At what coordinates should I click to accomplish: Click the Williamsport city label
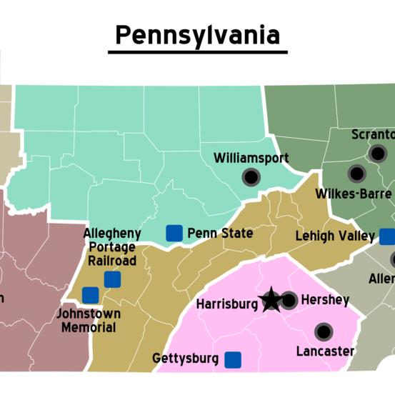(x=251, y=157)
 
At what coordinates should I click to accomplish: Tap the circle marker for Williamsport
(x=251, y=176)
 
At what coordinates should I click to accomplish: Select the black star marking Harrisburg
(x=271, y=301)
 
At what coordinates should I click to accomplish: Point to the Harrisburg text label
(x=226, y=304)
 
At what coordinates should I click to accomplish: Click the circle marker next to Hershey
(x=289, y=301)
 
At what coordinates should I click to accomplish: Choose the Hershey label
(x=325, y=300)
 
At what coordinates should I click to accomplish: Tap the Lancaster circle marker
(x=324, y=331)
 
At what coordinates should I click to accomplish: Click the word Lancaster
(x=325, y=351)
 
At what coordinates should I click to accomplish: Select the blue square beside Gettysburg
(x=233, y=359)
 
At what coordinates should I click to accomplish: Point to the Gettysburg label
(x=186, y=359)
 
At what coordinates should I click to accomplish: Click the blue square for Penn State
(x=174, y=233)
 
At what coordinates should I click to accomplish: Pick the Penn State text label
(x=220, y=234)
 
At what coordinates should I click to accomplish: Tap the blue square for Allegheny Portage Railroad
(x=112, y=279)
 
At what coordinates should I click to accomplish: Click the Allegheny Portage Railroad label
(x=112, y=246)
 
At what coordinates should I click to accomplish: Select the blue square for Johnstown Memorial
(x=90, y=295)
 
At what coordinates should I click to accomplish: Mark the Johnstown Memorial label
(x=89, y=321)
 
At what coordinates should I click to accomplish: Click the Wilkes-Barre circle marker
(x=356, y=174)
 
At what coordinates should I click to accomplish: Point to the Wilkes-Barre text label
(x=353, y=194)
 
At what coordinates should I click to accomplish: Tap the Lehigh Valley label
(x=335, y=236)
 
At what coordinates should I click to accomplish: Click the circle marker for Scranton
(x=378, y=153)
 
